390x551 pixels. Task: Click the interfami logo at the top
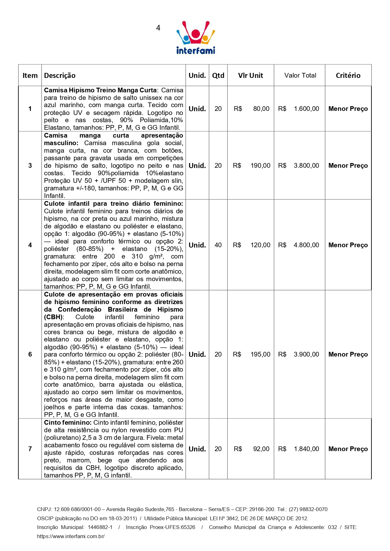tap(195, 38)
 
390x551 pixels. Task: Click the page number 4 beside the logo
tap(158, 28)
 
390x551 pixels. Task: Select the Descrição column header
tap(60, 75)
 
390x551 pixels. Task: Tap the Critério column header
tap(348, 75)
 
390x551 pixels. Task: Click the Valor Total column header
tap(300, 75)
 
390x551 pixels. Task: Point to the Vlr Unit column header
tap(250, 75)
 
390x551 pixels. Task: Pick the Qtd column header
tap(218, 75)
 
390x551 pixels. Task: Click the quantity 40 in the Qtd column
tap(218, 245)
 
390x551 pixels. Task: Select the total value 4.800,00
tap(306, 245)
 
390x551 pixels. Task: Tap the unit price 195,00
tap(260, 354)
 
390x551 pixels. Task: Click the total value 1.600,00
tap(306, 109)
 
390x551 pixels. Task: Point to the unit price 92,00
tap(261, 449)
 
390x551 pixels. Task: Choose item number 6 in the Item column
tap(30, 354)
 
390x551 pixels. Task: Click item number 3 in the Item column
tap(30, 166)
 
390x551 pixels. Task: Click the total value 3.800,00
tap(306, 166)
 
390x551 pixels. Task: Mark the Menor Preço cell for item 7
tap(348, 449)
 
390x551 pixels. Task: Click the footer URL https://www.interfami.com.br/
tap(71, 536)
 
